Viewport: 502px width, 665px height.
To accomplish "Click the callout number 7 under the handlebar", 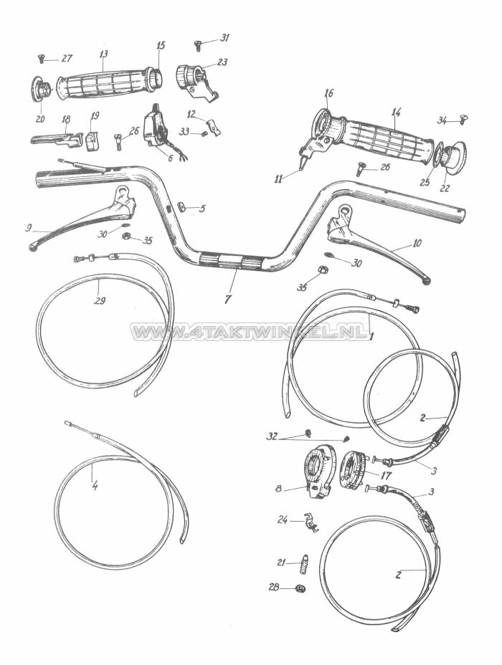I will pos(227,299).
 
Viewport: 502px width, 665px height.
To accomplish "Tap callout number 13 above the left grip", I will pos(104,54).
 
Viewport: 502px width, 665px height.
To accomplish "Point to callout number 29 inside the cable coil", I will pos(100,301).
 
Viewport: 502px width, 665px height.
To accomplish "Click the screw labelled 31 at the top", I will pos(199,44).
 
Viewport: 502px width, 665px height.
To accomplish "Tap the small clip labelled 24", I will pos(309,523).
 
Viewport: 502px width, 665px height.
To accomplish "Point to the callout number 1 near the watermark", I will pos(371,336).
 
